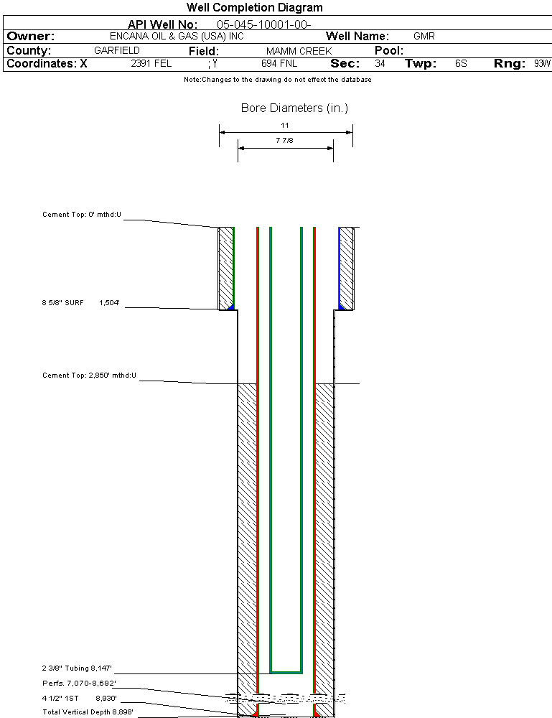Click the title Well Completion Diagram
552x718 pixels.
coord(254,8)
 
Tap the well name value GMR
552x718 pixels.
coord(424,36)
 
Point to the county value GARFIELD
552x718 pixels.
coord(117,51)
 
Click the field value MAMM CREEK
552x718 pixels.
coord(299,51)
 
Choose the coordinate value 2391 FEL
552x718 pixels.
coord(151,63)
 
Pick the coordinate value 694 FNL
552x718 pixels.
coord(279,63)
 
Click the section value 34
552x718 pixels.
coord(379,63)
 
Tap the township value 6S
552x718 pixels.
coord(461,63)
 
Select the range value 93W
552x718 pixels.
coord(541,63)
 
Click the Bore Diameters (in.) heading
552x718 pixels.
coord(294,108)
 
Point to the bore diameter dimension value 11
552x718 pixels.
coord(285,125)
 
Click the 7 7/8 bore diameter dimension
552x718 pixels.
coord(285,141)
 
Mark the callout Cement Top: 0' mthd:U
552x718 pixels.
coord(82,215)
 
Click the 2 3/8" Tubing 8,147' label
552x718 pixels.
coord(78,668)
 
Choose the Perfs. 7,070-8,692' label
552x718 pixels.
coord(79,683)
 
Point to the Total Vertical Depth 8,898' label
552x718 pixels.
coord(88,712)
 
